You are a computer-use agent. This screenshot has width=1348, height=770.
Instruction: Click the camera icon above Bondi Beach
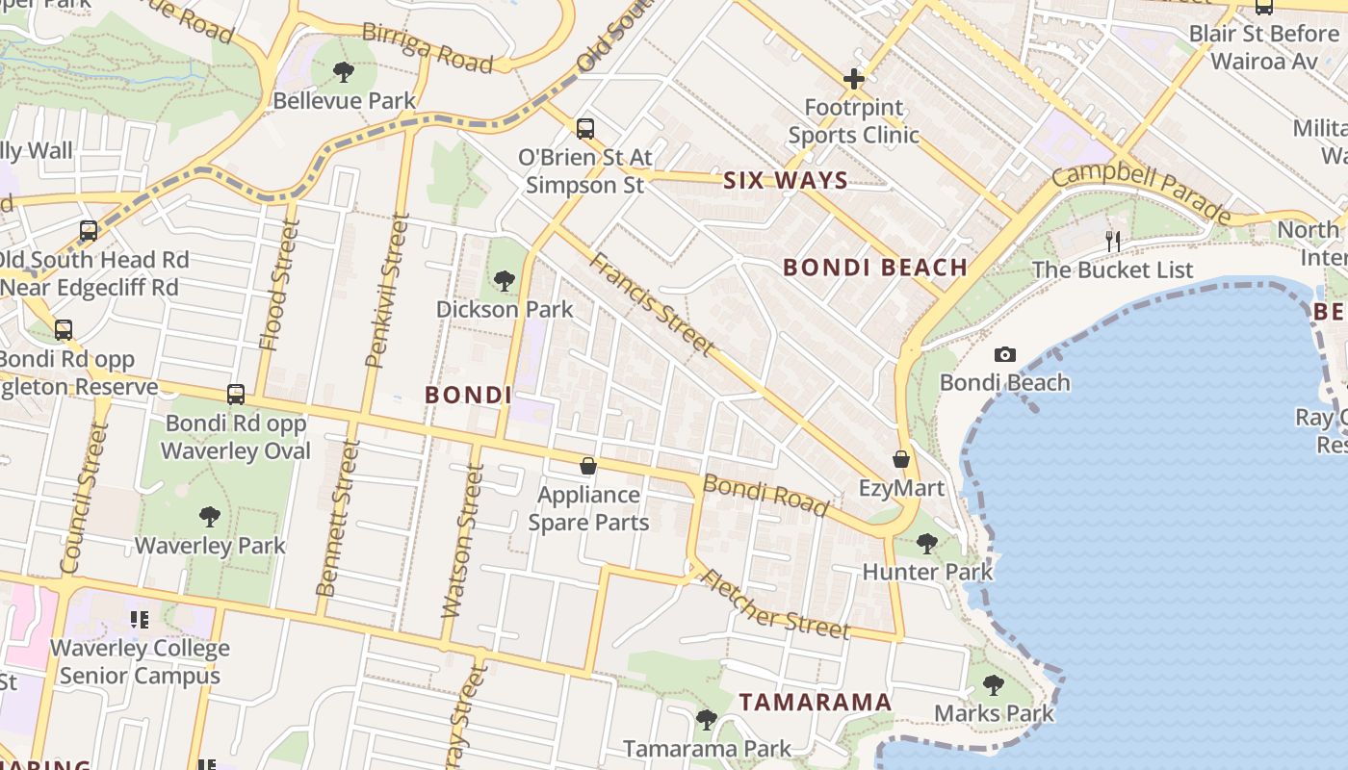[x=1004, y=355]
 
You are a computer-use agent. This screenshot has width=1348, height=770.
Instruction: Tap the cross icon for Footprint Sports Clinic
[x=853, y=79]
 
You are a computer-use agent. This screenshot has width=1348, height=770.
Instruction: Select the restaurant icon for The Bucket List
[x=1113, y=241]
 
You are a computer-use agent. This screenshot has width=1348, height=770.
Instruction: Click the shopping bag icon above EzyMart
[x=901, y=459]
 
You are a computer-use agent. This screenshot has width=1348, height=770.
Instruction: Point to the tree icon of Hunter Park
[x=926, y=544]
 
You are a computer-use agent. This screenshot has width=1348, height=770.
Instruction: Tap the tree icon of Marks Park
[x=994, y=685]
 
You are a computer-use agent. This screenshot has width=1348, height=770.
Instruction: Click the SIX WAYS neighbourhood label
[x=785, y=180]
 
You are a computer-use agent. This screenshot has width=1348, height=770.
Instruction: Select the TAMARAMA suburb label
[x=816, y=702]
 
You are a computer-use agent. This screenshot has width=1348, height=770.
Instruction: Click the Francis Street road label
[x=653, y=303]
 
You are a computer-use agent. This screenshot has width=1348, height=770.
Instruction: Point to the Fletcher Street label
[x=774, y=604]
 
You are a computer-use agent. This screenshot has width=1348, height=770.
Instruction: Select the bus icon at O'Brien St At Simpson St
[x=584, y=129]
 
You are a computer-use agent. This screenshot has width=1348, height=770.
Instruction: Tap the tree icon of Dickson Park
[x=504, y=281]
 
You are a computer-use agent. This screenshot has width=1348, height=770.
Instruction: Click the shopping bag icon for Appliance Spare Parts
[x=588, y=467]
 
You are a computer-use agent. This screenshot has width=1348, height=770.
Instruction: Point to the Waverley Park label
[x=210, y=546]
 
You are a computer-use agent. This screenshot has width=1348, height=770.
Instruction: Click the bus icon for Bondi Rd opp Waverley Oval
[x=236, y=395]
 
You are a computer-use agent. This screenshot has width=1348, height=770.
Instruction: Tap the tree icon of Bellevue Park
[x=344, y=72]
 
